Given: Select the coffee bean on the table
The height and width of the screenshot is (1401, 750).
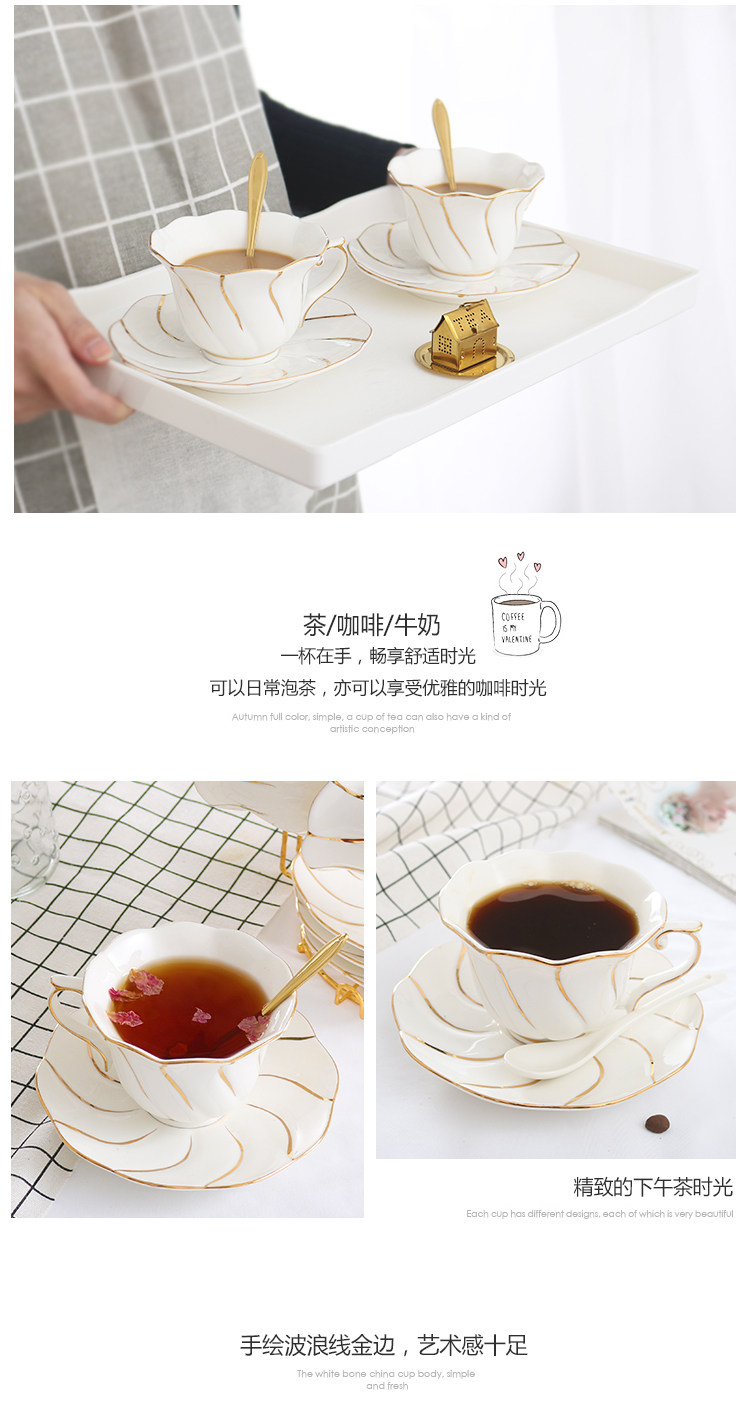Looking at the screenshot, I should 656,1123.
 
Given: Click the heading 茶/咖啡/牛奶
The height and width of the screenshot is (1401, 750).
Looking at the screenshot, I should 372,626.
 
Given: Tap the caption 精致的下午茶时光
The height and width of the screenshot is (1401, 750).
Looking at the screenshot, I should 652,1187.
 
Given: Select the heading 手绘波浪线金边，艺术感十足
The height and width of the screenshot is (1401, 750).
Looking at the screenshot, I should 383,1345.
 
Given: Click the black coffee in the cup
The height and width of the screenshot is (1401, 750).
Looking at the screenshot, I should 553,918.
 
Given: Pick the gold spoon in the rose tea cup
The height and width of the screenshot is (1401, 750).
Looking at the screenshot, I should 300,976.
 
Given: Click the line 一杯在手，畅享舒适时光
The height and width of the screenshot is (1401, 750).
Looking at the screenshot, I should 378,657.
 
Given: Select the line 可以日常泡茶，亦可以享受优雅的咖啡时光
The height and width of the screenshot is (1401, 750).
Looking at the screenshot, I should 378,688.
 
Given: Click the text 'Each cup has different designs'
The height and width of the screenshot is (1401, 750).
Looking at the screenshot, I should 599,1214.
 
